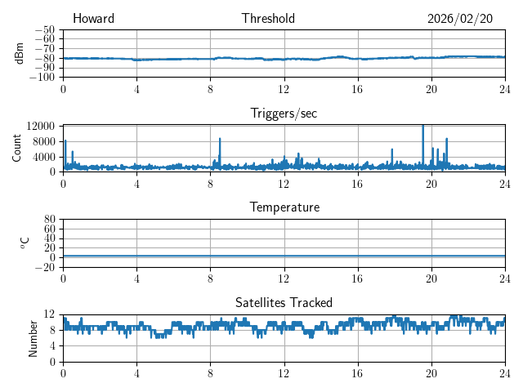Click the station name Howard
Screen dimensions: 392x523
[x=93, y=19]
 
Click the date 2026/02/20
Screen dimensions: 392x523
[x=460, y=19]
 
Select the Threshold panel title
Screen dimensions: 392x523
[x=268, y=19]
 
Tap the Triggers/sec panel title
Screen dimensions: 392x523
[x=284, y=114]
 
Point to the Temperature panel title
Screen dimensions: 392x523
[x=284, y=207]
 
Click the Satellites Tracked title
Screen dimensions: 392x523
[x=284, y=302]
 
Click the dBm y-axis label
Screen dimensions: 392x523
[x=20, y=53]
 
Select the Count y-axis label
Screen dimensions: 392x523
[x=16, y=148]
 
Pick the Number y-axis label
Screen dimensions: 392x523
[x=33, y=337]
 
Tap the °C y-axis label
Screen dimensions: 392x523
[x=25, y=243]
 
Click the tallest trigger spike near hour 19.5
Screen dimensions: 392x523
[x=422, y=127]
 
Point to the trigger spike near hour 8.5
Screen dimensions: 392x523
[x=220, y=140]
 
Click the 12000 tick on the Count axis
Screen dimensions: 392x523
[x=40, y=126]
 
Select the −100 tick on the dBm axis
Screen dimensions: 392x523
[x=44, y=78]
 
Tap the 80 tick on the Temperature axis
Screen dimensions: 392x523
[x=50, y=220]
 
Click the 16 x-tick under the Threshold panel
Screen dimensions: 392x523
[x=357, y=89]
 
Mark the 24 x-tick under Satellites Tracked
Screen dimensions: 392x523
[x=504, y=373]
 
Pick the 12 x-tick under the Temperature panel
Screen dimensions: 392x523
[x=284, y=278]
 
